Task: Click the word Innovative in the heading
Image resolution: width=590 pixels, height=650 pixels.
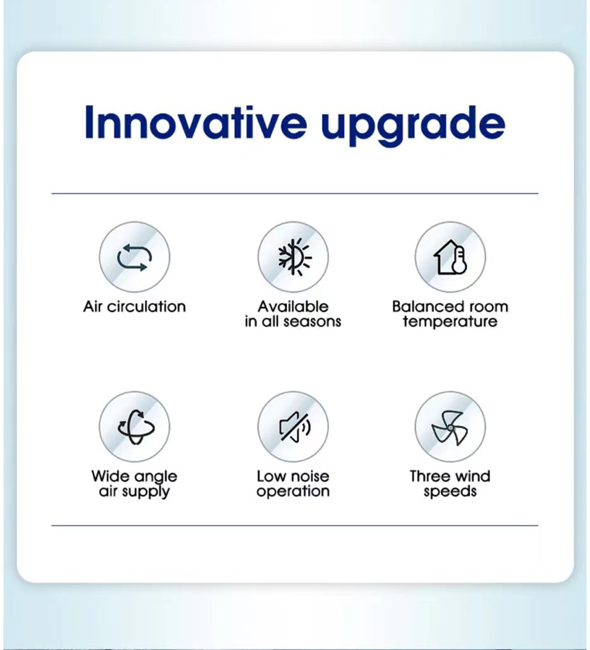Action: [x=195, y=122]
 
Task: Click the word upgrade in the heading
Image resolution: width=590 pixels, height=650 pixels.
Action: [x=413, y=126]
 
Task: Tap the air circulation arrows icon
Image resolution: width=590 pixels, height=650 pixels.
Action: [x=134, y=257]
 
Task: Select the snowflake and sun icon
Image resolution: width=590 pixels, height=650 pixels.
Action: [x=294, y=257]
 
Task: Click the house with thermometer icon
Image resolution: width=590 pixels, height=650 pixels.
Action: [x=450, y=257]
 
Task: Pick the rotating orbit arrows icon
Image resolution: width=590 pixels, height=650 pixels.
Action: [x=136, y=426]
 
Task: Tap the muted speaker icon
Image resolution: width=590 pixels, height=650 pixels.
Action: [x=294, y=426]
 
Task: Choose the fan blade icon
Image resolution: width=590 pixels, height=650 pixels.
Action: [x=450, y=428]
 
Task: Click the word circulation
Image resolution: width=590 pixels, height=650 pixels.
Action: [x=146, y=306]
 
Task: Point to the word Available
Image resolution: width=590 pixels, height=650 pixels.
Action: [x=293, y=306]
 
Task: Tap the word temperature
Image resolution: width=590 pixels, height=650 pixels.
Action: [x=450, y=322]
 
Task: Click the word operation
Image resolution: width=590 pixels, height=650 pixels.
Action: [x=293, y=492]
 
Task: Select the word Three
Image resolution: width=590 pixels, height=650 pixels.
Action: [x=429, y=476]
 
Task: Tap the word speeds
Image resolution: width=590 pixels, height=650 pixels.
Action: [x=450, y=492]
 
